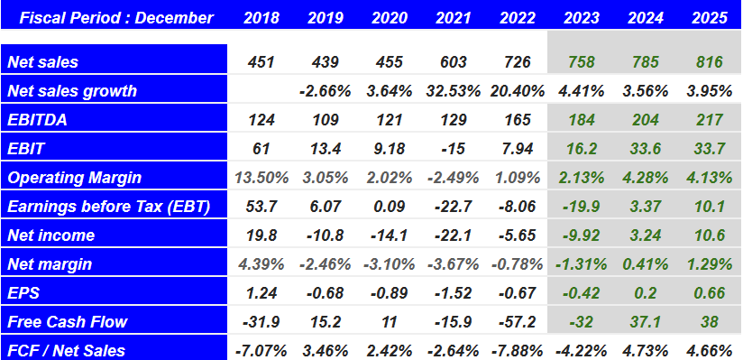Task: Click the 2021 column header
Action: pyautogui.click(x=453, y=17)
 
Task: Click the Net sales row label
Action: pyautogui.click(x=42, y=62)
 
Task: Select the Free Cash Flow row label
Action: pyautogui.click(x=67, y=322)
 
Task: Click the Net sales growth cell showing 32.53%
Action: pyautogui.click(x=453, y=91)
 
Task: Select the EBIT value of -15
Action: pyautogui.click(x=453, y=149)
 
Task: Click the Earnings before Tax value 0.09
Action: pyautogui.click(x=389, y=207)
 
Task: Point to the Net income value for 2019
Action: pyautogui.click(x=325, y=235)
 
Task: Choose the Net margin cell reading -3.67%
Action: pyautogui.click(x=453, y=264)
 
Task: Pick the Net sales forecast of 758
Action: pyautogui.click(x=582, y=62)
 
